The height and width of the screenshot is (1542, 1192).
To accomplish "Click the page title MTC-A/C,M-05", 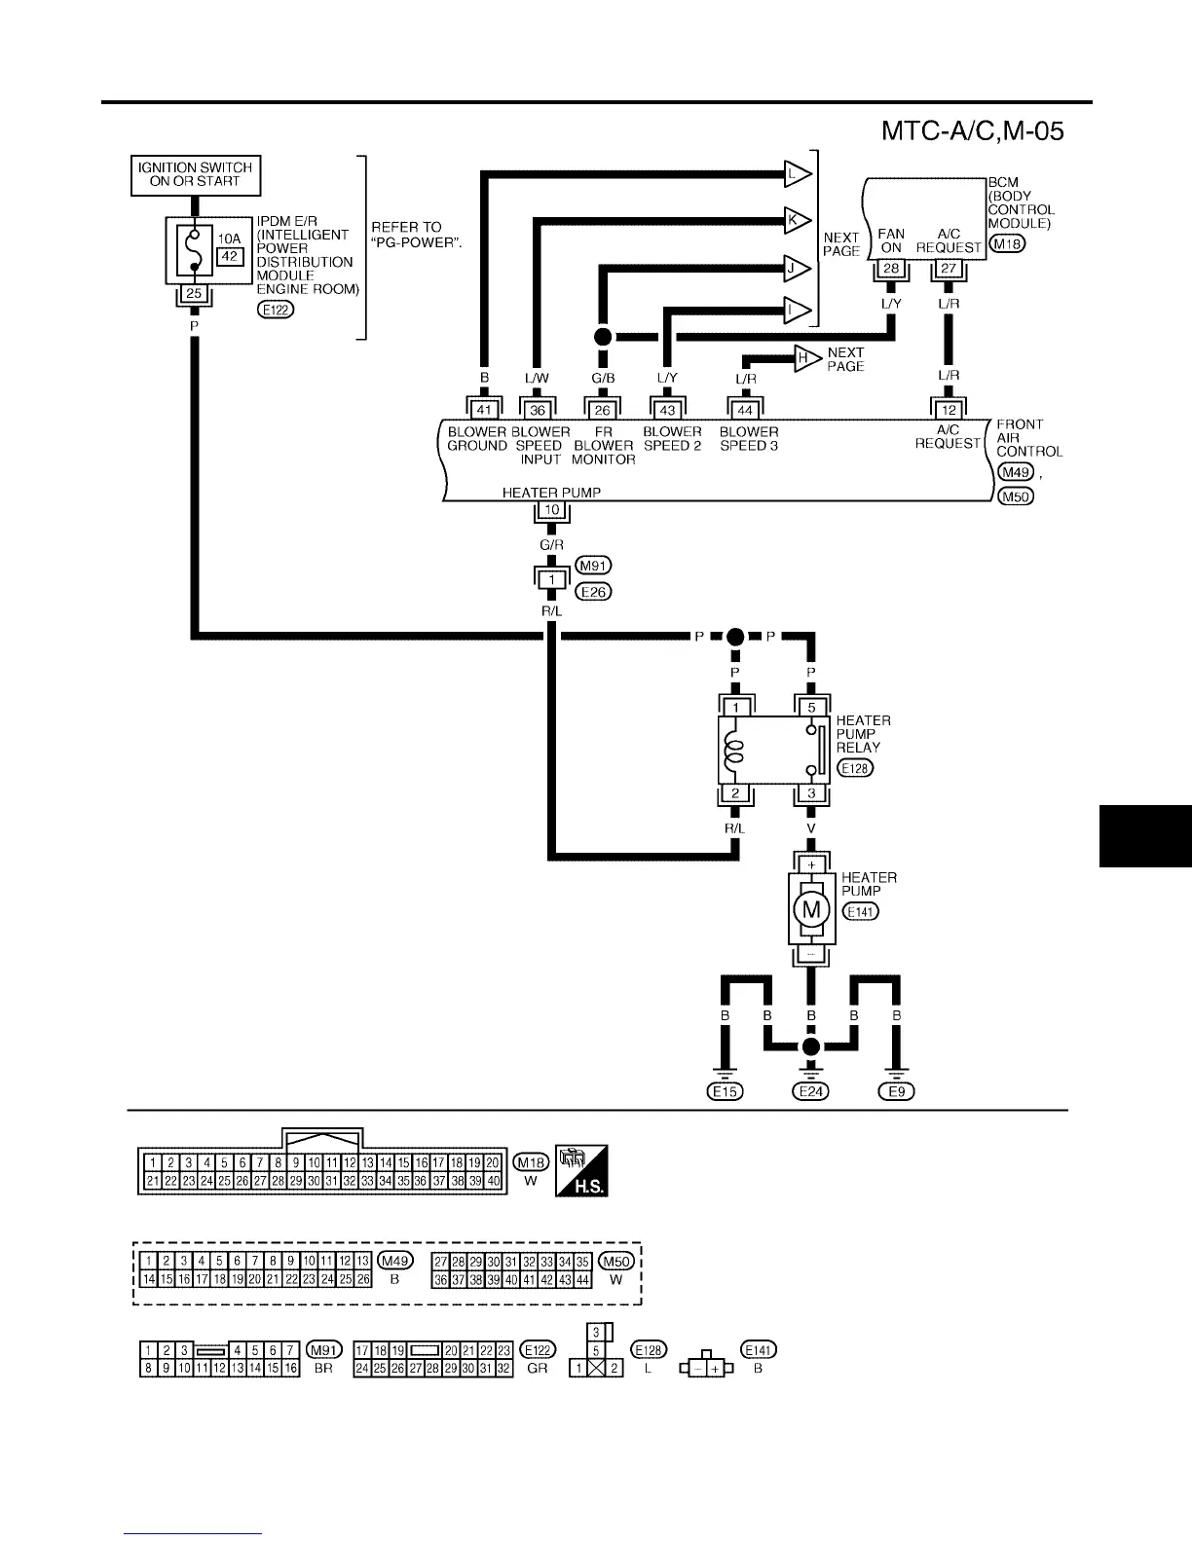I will click(x=971, y=130).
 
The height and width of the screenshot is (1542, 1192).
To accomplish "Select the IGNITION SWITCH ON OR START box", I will click(x=196, y=175).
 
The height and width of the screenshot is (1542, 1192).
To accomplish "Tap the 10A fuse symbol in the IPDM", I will click(x=195, y=250).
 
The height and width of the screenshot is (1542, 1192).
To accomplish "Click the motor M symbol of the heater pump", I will click(x=810, y=910).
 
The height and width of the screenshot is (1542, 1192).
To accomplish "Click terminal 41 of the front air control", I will click(x=483, y=410).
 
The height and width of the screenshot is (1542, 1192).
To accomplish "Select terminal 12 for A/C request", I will click(x=949, y=410).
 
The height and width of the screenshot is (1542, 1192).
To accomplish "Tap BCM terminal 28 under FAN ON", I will click(x=891, y=269).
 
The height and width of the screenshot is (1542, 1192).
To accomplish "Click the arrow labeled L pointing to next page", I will click(x=798, y=175).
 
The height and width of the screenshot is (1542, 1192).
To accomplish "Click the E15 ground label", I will click(x=725, y=1091).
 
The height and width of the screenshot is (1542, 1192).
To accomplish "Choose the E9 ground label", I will click(x=897, y=1091).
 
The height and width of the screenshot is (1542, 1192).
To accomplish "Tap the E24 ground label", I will click(x=810, y=1091).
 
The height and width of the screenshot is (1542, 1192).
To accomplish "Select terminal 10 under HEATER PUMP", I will click(x=551, y=510).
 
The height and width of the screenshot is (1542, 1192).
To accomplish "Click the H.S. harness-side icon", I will click(x=580, y=1170).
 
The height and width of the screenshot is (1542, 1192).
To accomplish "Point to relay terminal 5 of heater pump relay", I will click(x=811, y=708).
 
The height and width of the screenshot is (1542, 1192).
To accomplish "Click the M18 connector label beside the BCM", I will click(x=1006, y=244).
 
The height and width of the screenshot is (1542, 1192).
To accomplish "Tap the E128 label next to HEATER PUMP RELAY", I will click(x=856, y=768).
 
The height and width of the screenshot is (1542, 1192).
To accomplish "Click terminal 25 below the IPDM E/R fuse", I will click(x=194, y=293).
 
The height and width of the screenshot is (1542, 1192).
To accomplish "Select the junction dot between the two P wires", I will click(x=735, y=637).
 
